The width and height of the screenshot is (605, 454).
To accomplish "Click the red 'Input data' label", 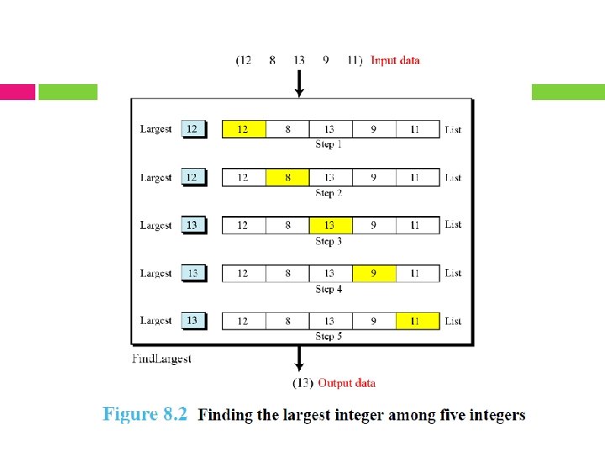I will pos(395,61).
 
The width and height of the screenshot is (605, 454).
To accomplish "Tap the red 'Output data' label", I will pos(346,383).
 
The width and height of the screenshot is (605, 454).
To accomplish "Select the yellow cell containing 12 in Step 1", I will pos(244,129).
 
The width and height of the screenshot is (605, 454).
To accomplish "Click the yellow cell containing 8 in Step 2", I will pos(287,177).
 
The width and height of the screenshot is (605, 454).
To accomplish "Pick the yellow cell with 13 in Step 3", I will pos(330,225).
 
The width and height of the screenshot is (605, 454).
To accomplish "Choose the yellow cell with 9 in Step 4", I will pos(374,273).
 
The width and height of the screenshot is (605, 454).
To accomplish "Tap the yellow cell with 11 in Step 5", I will pos(417,321).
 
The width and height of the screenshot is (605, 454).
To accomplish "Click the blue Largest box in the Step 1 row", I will pos(192,129).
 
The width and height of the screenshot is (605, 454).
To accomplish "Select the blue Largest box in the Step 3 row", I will pos(192,225).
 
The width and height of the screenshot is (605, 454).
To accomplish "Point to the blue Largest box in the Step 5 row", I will pos(192,320).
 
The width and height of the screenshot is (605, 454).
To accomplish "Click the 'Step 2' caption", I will pos(329,193).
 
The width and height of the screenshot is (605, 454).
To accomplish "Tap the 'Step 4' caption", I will pos(329,289).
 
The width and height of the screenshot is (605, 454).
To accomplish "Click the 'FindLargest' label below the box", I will pos(162,359).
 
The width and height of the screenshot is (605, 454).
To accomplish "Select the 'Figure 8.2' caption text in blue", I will pos(145,414).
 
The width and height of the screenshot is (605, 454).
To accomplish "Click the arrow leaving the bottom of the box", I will pos(299,360).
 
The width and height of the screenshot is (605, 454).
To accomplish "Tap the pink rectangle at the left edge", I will pos(18,92).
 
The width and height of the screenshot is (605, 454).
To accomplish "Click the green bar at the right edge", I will pos(568,92).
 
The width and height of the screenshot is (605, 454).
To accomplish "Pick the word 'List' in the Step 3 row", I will pos(453,225).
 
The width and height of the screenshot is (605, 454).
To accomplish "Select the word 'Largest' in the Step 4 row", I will pos(155,273).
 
